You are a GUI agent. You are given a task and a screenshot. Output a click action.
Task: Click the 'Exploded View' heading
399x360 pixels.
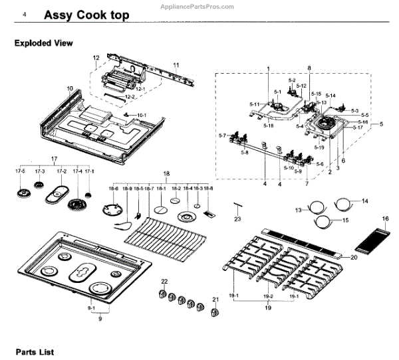[x=44, y=43]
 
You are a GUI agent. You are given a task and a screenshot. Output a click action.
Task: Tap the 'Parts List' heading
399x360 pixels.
[x=35, y=351]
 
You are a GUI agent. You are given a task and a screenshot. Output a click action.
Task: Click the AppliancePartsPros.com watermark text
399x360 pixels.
[x=198, y=5]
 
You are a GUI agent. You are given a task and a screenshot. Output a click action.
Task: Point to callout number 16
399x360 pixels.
[x=384, y=219]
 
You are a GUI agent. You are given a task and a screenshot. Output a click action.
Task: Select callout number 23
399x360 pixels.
[x=237, y=219]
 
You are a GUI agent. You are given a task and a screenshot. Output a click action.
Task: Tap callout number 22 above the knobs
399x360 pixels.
[x=164, y=282]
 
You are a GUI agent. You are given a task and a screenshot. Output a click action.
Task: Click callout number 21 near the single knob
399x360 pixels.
[x=215, y=300]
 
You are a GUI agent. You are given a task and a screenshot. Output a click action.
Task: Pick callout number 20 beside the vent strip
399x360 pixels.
[x=354, y=257]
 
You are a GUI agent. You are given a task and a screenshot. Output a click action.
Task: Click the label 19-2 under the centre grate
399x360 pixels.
[x=268, y=296]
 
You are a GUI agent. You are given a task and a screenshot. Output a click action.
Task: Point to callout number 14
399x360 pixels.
[x=364, y=201]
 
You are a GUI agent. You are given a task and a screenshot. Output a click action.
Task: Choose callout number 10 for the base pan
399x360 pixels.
[x=70, y=88]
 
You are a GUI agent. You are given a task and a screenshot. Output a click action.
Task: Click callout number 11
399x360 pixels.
[x=177, y=64]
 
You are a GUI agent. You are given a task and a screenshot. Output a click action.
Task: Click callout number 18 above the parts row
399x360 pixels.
[x=167, y=173]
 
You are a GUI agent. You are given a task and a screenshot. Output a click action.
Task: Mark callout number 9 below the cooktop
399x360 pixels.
[x=100, y=319]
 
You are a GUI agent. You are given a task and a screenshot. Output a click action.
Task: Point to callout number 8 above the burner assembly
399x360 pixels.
[x=309, y=68]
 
